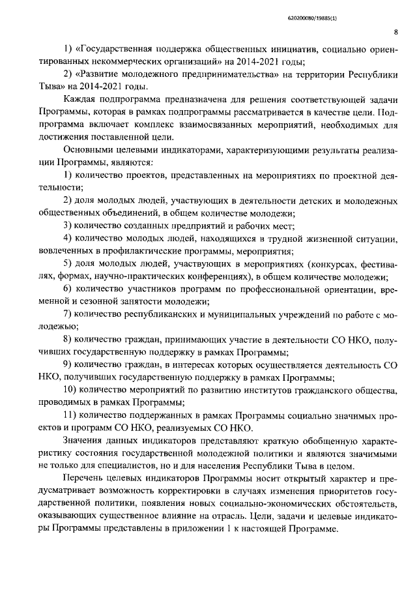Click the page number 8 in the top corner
click(x=397, y=31)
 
